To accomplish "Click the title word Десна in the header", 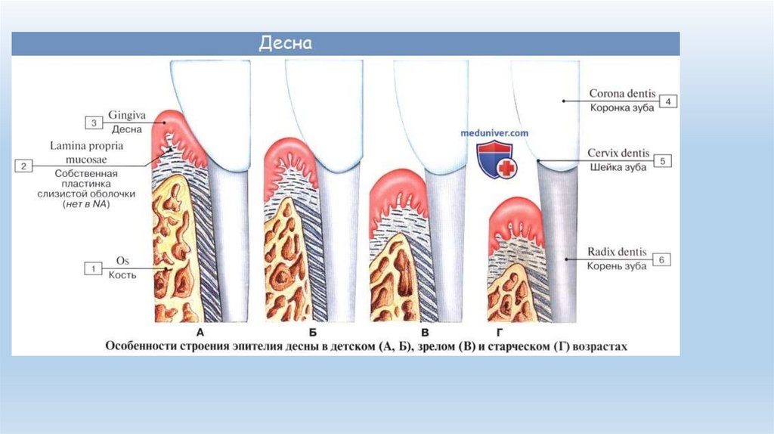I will (x=286, y=43).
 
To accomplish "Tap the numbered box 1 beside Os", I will (x=93, y=268).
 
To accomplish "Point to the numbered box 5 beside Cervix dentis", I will (x=662, y=161).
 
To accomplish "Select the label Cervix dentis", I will (x=618, y=153).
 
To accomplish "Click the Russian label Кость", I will (x=121, y=275).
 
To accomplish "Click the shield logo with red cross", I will (x=495, y=160).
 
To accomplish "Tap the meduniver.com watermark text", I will (x=495, y=132).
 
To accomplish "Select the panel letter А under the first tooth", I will (x=200, y=333).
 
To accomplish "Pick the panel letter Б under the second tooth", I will (x=312, y=333).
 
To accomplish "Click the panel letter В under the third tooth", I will (x=425, y=333).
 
